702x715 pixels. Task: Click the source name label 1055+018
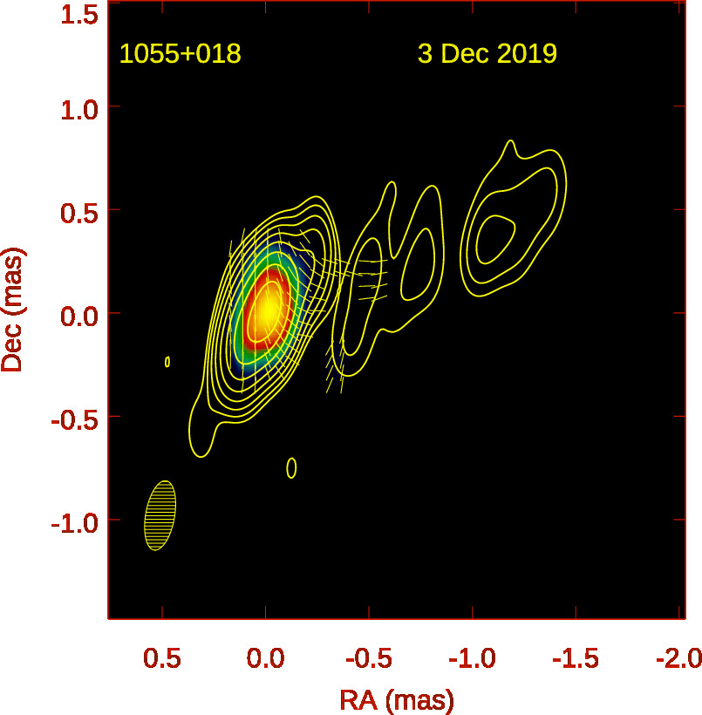click(181, 54)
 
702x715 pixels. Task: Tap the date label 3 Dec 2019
click(487, 54)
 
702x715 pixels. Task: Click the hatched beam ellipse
click(160, 515)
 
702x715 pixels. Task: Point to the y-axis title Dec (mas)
click(13, 310)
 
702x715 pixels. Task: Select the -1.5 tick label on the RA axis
click(574, 657)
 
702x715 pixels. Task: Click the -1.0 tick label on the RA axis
click(470, 657)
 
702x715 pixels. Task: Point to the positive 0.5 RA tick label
click(163, 657)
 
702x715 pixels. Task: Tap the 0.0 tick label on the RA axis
click(265, 657)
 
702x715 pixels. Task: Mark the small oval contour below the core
click(291, 468)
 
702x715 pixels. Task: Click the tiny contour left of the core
click(167, 361)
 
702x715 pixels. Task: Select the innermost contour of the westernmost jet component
click(494, 238)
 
